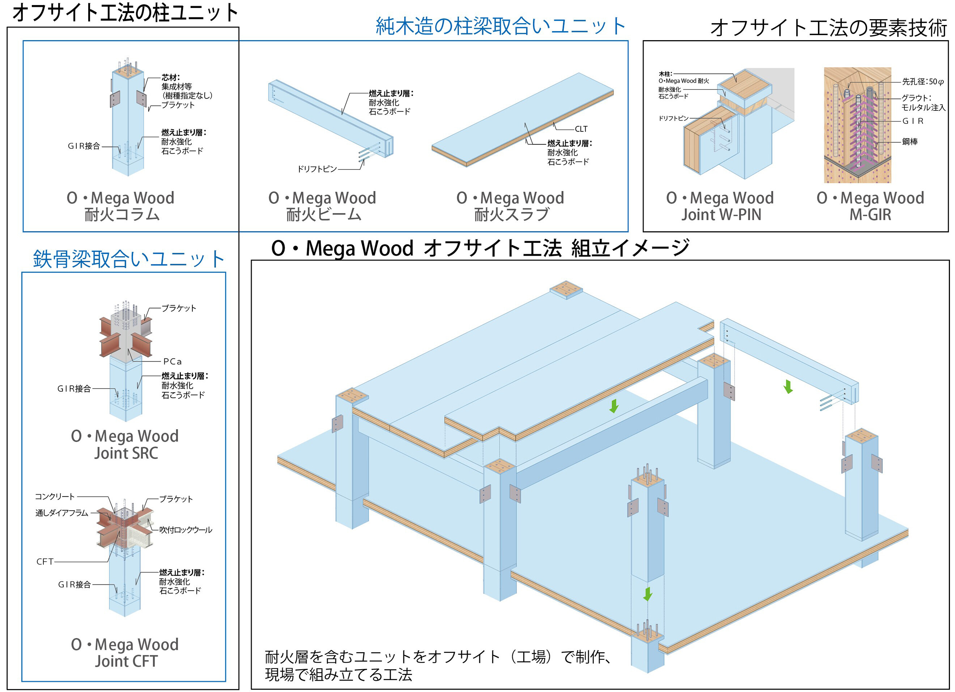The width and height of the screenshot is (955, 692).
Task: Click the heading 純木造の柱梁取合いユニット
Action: coord(500,26)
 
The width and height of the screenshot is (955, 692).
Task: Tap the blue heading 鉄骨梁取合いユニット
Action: coord(128,259)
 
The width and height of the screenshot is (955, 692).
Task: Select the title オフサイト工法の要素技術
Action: coord(828,28)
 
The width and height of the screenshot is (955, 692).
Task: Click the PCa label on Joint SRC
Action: coord(173,362)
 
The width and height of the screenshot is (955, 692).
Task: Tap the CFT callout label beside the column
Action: coord(45,561)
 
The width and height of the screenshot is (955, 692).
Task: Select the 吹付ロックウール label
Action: coord(186,530)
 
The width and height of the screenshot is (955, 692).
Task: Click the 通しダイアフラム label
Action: coord(62,513)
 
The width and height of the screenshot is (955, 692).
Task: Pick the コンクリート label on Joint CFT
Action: coord(55,496)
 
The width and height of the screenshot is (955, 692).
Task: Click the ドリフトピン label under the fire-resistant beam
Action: coord(317,169)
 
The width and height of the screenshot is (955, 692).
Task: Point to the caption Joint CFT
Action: coord(126,661)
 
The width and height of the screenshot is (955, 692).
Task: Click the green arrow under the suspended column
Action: coord(648,594)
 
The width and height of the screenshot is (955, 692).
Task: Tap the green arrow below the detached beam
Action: coord(788,387)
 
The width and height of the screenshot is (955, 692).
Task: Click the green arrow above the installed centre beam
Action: coord(614,406)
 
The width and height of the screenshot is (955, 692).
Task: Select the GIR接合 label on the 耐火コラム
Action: coord(84,146)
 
